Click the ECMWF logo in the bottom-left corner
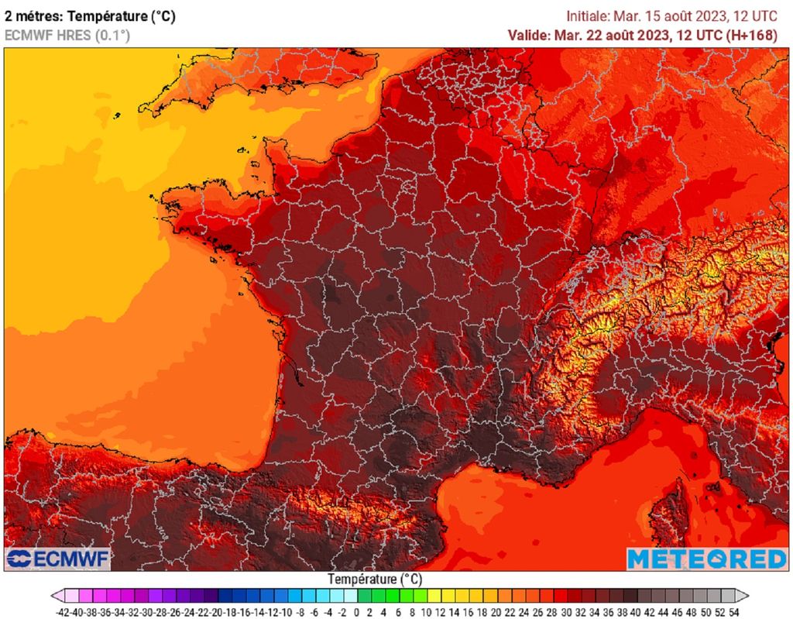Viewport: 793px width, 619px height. [x=57, y=559]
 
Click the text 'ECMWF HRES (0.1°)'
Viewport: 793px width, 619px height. [x=67, y=35]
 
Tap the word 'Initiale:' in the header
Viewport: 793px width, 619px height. [x=588, y=15]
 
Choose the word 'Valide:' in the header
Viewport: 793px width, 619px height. [x=530, y=35]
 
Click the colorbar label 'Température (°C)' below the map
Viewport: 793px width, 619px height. [x=374, y=579]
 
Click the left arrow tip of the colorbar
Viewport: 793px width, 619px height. [x=54, y=596]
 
